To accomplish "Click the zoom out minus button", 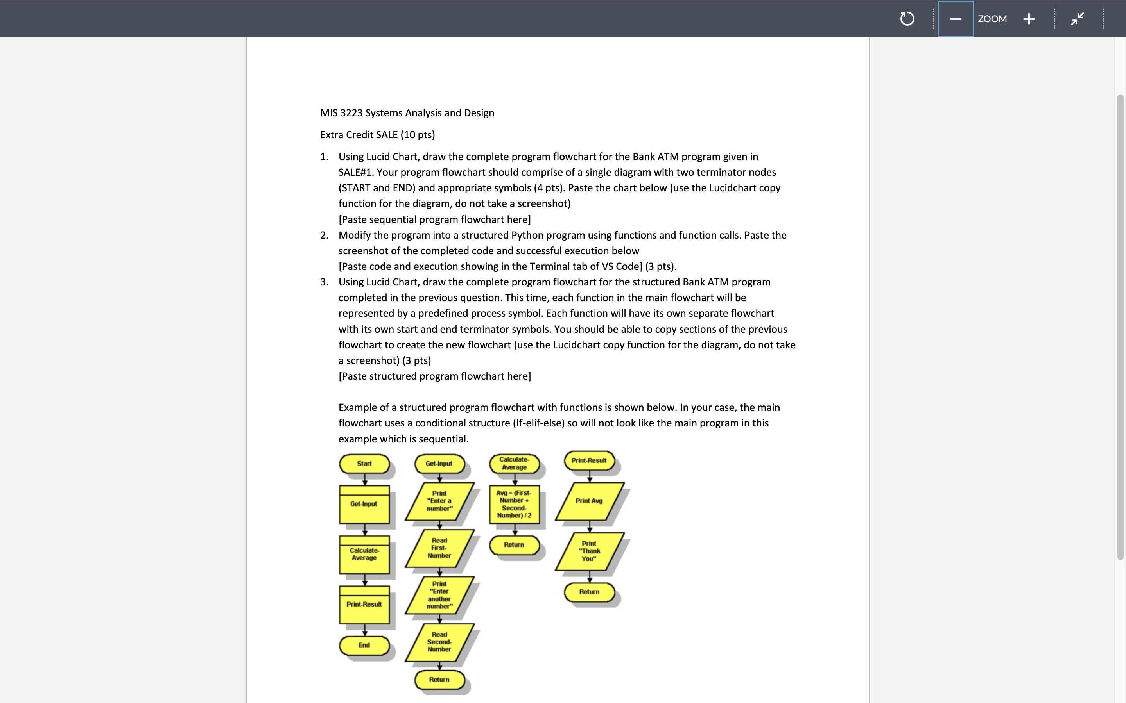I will point(955,19).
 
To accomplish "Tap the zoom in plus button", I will point(1029,19).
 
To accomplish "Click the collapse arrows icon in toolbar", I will point(1077,19).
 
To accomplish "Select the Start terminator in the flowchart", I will point(364,464).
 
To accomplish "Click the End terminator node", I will point(364,645).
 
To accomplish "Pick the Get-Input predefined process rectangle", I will point(364,504).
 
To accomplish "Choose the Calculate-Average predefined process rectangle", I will point(364,554).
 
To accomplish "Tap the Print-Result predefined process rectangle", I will point(364,605).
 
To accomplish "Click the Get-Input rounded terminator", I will point(439,464).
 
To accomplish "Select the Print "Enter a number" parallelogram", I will point(439,501).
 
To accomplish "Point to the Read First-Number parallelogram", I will point(439,548).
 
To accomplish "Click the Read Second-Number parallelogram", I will point(439,642).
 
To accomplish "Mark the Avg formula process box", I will point(514,504).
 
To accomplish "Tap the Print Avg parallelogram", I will point(589,501).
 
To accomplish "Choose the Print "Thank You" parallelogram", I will point(589,551).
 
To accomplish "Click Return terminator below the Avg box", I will point(514,545).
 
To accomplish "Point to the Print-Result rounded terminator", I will point(589,461).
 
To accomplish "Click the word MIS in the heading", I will point(328,113).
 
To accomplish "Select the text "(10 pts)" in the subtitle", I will point(418,135).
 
